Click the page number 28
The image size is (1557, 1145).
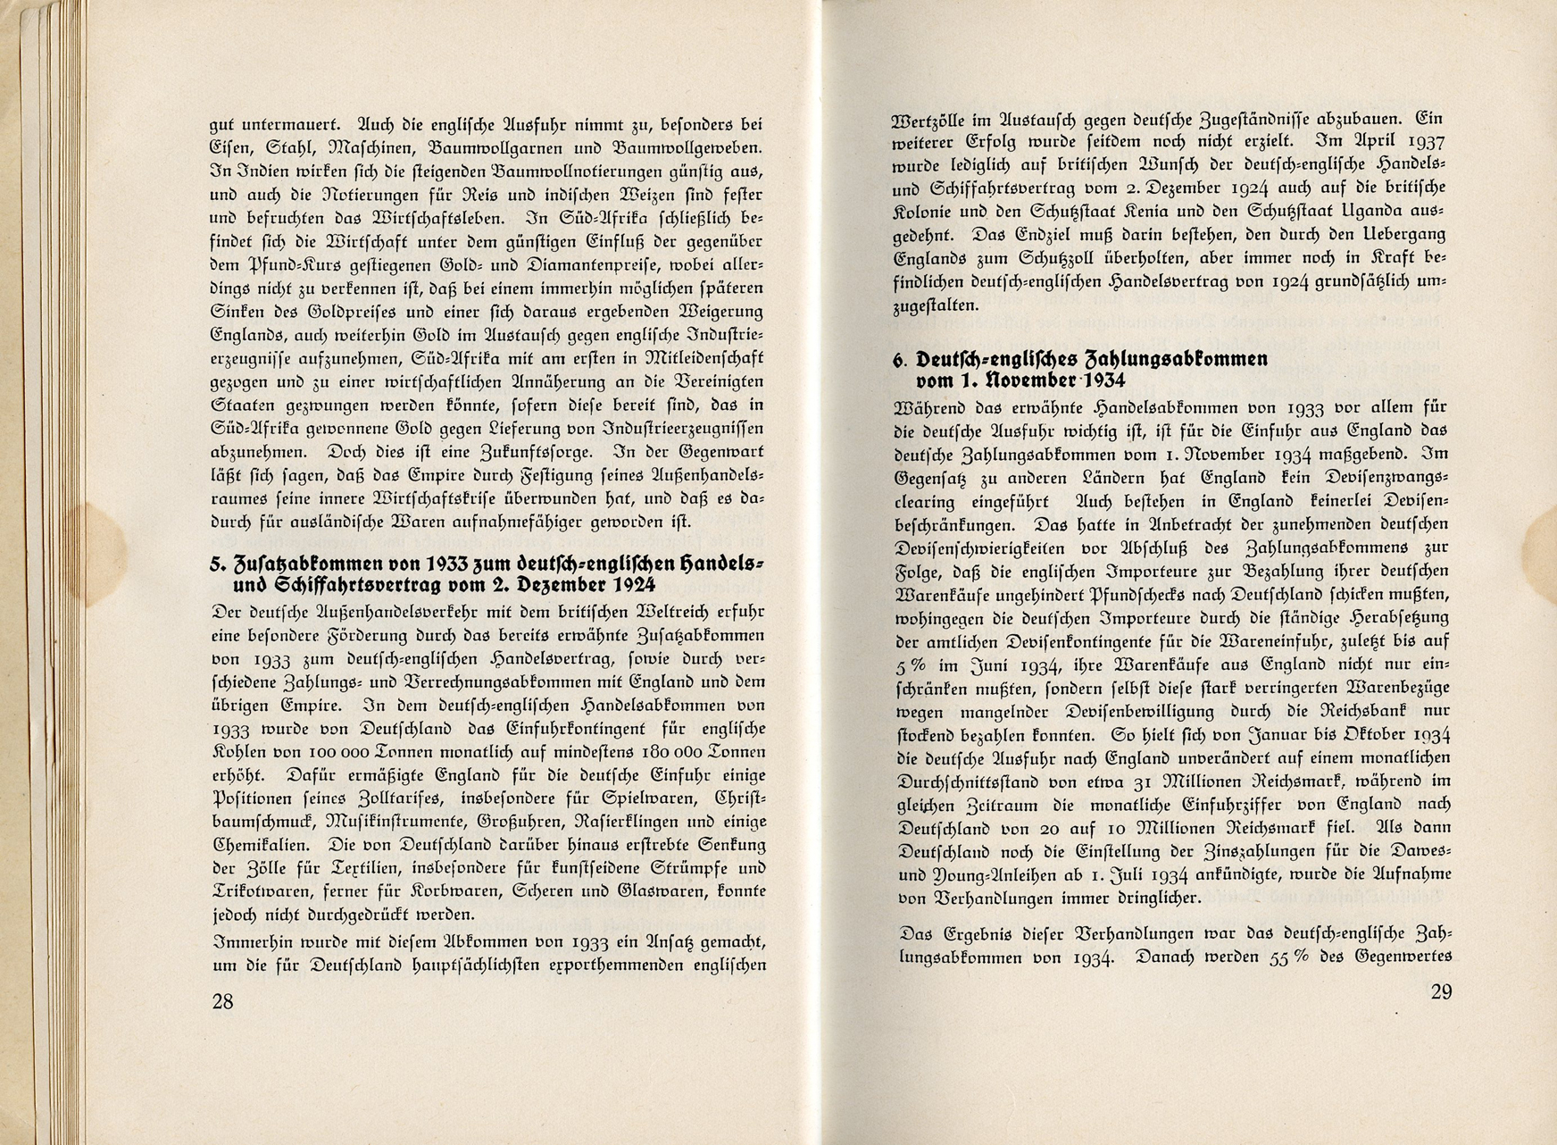[222, 1001]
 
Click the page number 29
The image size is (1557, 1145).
[1441, 991]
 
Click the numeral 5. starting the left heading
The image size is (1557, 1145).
[215, 564]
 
